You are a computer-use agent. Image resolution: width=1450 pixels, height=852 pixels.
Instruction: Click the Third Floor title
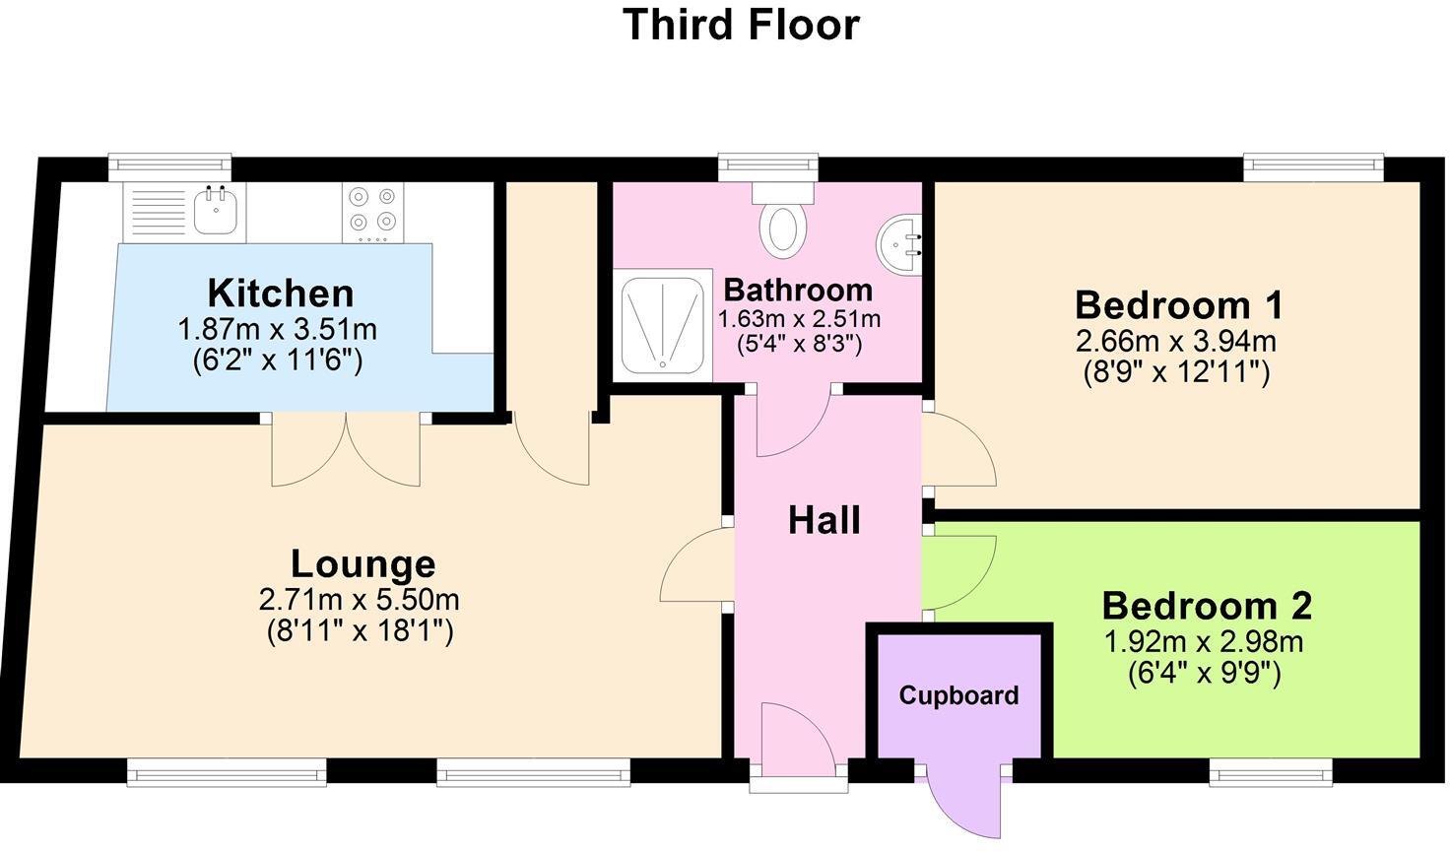[741, 25]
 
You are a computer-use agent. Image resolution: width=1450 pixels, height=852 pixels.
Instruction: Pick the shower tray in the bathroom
[664, 326]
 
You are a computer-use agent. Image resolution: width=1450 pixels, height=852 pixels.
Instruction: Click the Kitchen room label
[280, 294]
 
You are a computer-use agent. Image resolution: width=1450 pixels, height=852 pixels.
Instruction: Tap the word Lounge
[362, 563]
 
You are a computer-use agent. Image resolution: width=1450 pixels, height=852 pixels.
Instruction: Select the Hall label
[824, 520]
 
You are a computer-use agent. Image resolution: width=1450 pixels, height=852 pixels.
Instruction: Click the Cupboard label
[958, 695]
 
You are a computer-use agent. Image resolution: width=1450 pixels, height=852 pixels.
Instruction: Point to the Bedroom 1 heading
[1178, 305]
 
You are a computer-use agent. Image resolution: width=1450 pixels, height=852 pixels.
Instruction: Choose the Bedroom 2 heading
[1206, 606]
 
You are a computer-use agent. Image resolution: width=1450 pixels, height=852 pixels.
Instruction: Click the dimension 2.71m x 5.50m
[359, 599]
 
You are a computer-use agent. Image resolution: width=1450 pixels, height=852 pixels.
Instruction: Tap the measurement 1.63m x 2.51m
[799, 319]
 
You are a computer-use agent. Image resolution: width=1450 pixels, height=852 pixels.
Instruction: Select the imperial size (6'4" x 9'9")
[1204, 674]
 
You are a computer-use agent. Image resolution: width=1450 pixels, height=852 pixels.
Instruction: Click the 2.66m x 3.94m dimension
[1175, 342]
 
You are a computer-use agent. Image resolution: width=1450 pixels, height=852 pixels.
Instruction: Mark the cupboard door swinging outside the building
[965, 803]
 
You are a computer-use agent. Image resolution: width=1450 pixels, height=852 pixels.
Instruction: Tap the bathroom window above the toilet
[768, 167]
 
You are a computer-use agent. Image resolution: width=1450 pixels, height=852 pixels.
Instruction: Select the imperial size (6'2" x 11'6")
[278, 360]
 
